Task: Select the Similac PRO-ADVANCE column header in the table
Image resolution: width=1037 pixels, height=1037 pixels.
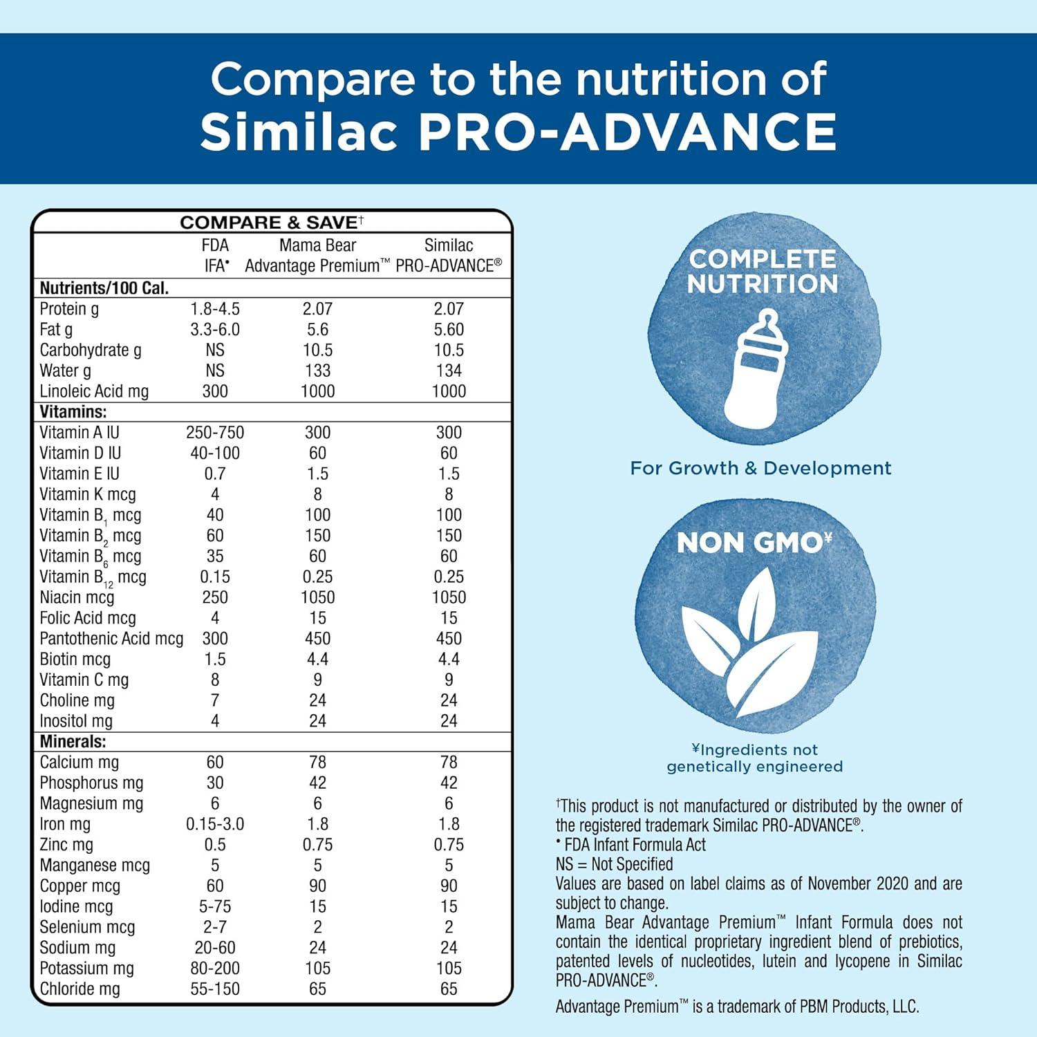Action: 449,255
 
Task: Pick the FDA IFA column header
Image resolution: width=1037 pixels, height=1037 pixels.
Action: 216,255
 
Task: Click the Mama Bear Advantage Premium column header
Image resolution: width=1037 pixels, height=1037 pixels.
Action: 317,255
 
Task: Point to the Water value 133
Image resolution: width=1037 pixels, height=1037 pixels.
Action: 317,371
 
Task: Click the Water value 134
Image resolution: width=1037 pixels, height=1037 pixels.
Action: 449,371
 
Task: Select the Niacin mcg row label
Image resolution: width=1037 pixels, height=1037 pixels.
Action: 77,597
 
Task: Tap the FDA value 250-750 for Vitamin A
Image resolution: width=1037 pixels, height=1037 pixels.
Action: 215,433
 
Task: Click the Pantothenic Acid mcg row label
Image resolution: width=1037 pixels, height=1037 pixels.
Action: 111,639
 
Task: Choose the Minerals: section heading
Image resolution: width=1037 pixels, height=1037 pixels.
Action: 73,742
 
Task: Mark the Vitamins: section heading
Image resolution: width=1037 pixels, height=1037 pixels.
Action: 73,412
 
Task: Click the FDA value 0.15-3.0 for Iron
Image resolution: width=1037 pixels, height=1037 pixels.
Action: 215,824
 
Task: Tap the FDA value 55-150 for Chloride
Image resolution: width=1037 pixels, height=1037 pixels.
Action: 215,989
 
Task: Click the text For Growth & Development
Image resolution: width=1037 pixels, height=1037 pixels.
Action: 760,468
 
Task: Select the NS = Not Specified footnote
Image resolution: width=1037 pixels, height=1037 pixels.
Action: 614,864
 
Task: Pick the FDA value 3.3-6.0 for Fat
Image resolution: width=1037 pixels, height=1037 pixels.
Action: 215,330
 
